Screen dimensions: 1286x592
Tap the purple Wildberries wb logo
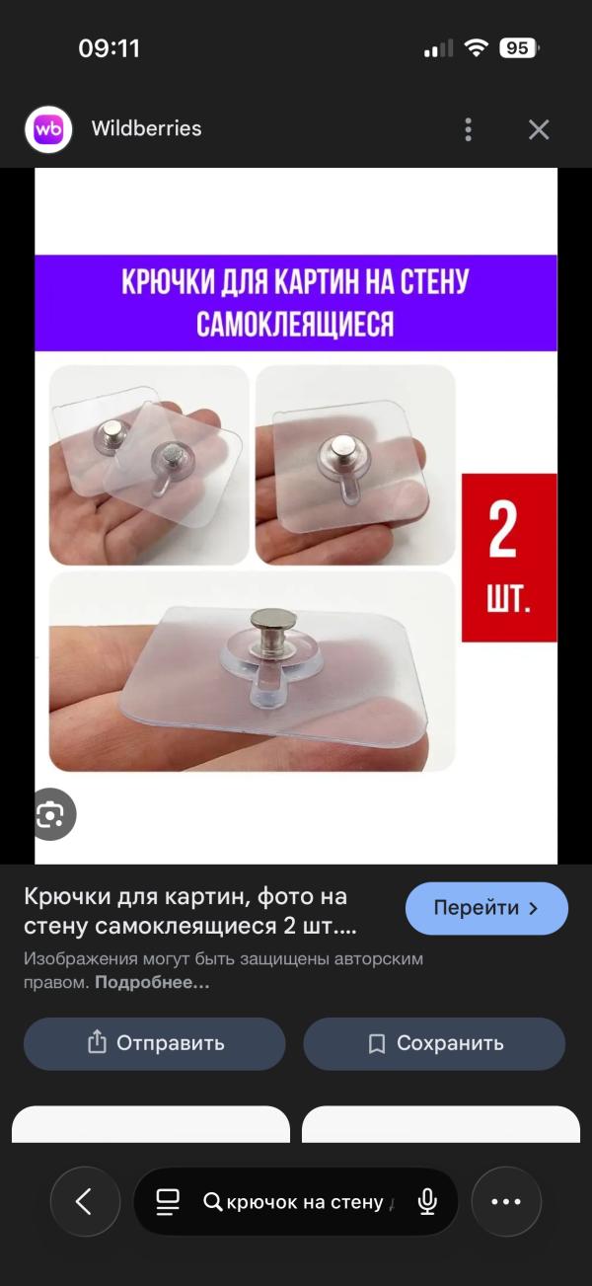(48, 129)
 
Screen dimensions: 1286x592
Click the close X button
(539, 129)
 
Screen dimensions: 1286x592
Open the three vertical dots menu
(468, 129)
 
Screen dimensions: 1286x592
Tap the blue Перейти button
(486, 908)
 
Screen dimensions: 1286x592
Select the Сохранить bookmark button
(434, 1043)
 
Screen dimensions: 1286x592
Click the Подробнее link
(152, 983)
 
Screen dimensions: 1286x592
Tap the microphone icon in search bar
(427, 1201)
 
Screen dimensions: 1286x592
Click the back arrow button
(84, 1201)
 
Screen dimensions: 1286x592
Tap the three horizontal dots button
(505, 1201)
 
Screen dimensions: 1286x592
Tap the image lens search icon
(50, 814)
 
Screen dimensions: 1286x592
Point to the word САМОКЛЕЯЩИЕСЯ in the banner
(295, 324)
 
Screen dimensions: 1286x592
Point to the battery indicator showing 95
(518, 48)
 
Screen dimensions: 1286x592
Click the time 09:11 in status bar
(109, 48)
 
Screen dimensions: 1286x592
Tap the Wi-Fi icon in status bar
(477, 48)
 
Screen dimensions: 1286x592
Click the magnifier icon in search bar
(212, 1201)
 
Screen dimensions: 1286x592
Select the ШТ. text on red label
(508, 601)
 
